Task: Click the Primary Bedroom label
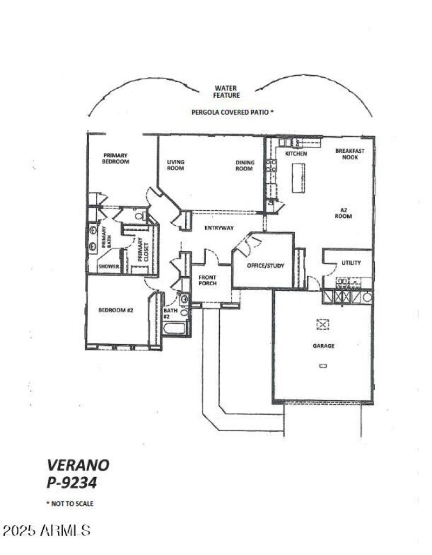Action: click(x=116, y=158)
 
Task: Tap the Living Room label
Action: click(x=175, y=165)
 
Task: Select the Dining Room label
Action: click(x=244, y=165)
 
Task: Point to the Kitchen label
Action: click(x=296, y=154)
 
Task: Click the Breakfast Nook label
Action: click(x=349, y=154)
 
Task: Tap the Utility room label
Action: click(x=351, y=263)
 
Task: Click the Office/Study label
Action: click(x=265, y=266)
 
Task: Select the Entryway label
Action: click(x=219, y=228)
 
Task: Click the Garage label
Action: click(x=323, y=346)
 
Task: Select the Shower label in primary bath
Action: click(x=109, y=266)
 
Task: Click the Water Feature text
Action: click(x=227, y=91)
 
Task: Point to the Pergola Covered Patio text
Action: click(x=233, y=112)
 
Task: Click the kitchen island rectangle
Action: click(x=298, y=177)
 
